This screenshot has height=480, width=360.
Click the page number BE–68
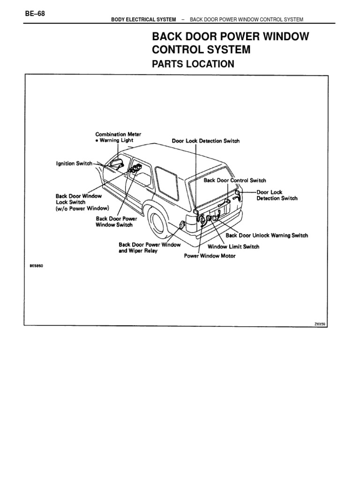tap(35, 13)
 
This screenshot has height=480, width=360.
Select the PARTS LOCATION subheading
tap(193, 64)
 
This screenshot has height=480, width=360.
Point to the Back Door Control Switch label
tap(234, 180)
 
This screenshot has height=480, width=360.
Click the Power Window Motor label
tap(210, 256)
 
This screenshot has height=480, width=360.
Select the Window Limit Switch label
tap(233, 247)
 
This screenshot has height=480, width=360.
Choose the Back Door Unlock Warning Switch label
tap(267, 236)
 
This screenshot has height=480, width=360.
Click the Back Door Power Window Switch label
tap(114, 222)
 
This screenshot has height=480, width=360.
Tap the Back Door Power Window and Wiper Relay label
tap(150, 247)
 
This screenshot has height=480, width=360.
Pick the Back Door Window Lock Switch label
tap(82, 202)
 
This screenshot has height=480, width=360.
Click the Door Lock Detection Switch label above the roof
tap(205, 141)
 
